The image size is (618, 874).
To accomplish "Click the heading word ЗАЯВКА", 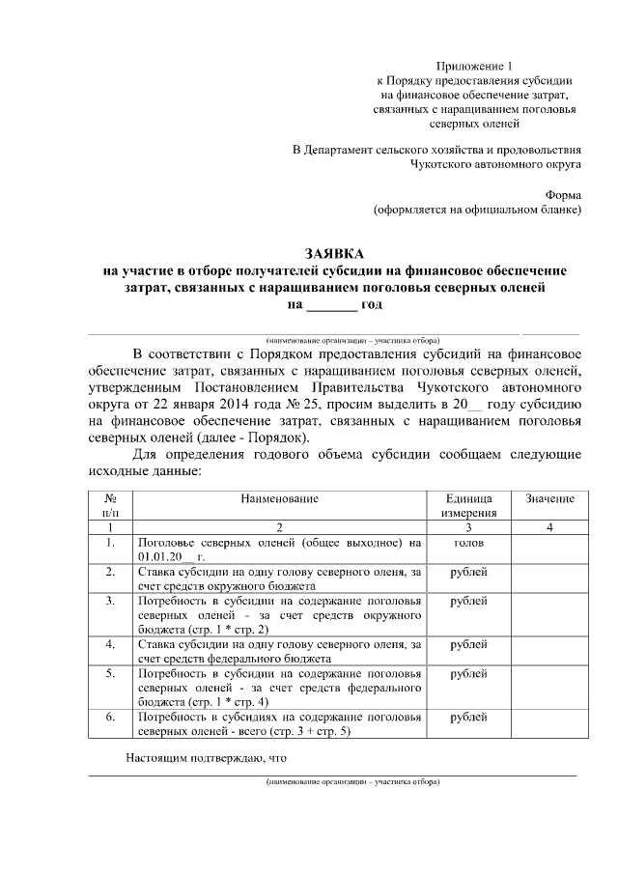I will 335,253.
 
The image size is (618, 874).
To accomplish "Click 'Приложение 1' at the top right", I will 476,65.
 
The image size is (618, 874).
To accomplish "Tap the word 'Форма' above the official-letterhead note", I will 562,193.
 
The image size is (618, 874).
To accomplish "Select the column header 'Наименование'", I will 281,498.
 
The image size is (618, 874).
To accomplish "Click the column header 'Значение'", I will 549,498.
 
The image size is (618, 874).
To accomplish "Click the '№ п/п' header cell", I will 111,505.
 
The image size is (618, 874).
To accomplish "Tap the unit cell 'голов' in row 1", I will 468,544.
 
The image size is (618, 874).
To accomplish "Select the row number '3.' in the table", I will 111,601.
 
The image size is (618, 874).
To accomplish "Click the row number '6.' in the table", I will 111,718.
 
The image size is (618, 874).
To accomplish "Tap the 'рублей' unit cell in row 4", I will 468,644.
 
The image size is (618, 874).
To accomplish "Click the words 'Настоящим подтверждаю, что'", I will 208,757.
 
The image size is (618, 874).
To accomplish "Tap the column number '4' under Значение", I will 549,528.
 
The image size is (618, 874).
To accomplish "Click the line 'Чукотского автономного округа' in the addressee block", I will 495,165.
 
